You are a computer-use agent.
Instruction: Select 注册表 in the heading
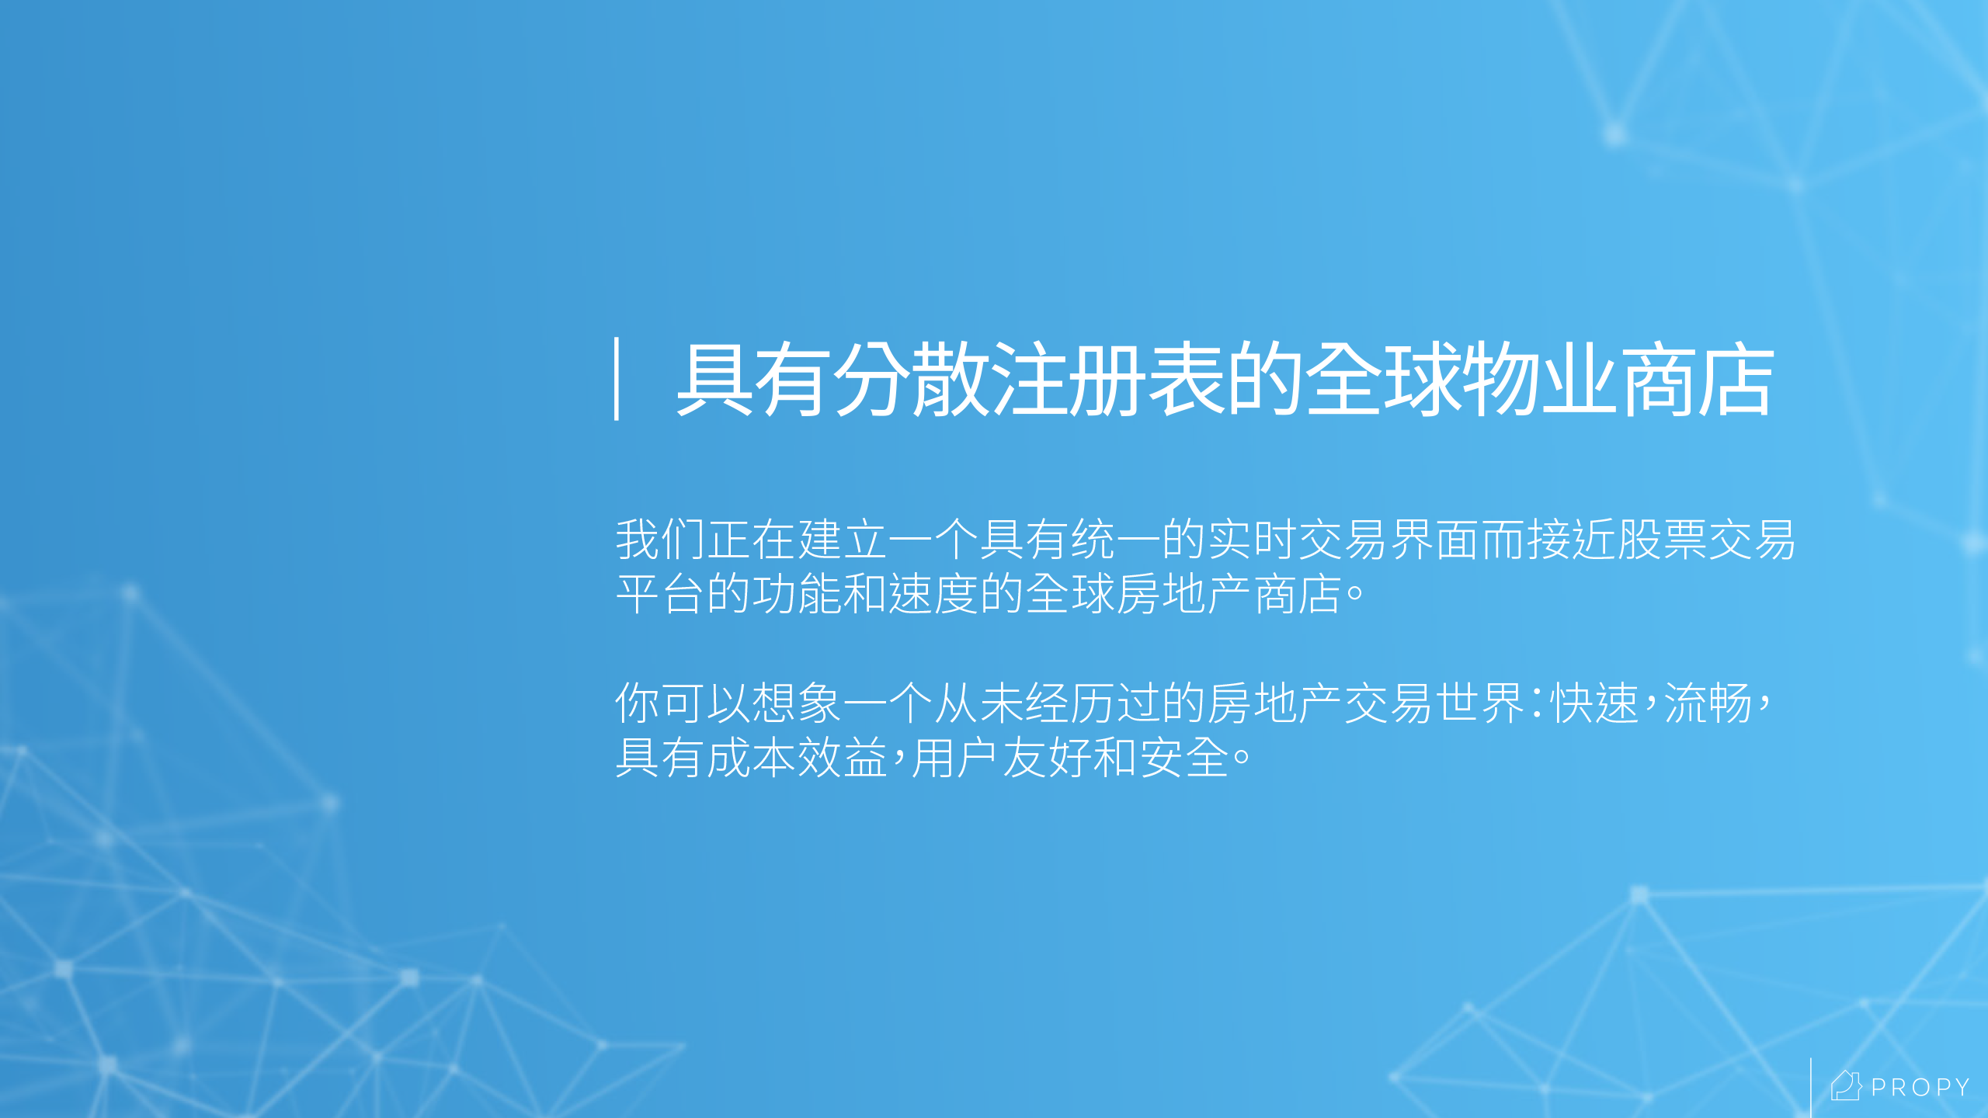pyautogui.click(x=1107, y=380)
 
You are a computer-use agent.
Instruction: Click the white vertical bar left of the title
pyautogui.click(x=617, y=379)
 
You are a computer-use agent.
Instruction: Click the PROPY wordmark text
pyautogui.click(x=1920, y=1088)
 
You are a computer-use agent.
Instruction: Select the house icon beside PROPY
pyautogui.click(x=1846, y=1085)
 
